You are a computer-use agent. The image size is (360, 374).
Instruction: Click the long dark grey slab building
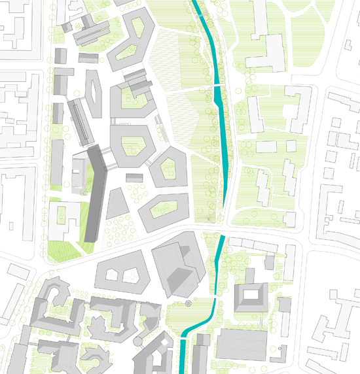(x=97, y=193)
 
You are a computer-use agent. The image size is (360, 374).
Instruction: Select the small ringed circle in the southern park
(x=188, y=303)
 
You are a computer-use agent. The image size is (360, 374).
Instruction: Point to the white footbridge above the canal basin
(x=217, y=86)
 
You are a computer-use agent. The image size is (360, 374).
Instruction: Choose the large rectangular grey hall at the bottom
(x=242, y=346)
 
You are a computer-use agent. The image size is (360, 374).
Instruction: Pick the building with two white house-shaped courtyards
(x=126, y=271)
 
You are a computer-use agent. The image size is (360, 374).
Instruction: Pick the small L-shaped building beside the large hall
(x=285, y=305)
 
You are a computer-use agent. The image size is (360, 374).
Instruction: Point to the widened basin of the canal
(x=217, y=96)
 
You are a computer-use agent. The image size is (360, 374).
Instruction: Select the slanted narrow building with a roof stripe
(x=79, y=120)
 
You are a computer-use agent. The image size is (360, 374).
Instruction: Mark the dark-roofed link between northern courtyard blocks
(x=137, y=82)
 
